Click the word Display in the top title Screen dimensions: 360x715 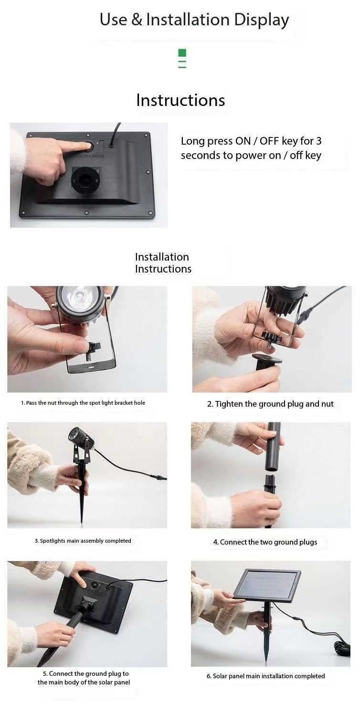click(261, 20)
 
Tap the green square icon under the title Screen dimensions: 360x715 click(182, 53)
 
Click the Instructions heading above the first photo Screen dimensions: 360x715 click(180, 100)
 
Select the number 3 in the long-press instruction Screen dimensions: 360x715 click(318, 141)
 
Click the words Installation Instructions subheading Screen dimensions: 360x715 click(163, 263)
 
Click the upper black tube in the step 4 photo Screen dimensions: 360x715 click(274, 447)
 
